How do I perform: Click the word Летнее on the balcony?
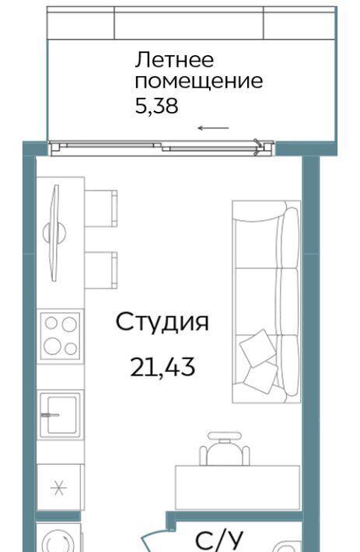174,60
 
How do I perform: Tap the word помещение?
199,82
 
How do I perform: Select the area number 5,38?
156,106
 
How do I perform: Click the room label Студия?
163,322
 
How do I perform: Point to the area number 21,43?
163,367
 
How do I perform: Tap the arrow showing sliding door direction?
213,128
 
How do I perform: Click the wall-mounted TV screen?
54,233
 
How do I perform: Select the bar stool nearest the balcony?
100,208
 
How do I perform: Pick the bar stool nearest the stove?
100,271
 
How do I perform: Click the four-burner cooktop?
60,336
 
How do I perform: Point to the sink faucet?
50,415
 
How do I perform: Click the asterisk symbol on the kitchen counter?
58,488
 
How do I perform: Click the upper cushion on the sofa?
257,348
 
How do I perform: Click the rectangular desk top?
237,487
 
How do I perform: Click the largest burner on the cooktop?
52,346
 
